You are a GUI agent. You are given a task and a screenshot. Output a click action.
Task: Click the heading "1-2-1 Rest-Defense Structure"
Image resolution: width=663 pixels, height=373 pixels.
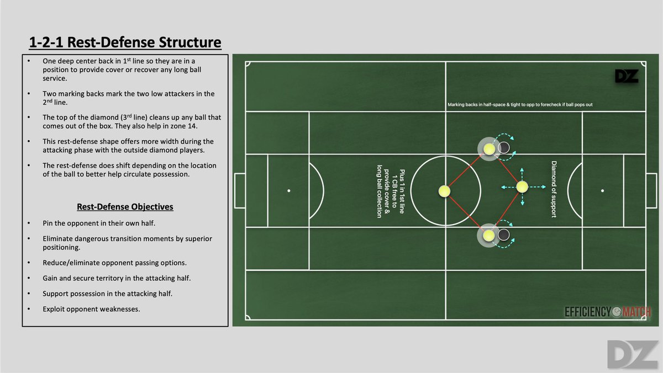125,42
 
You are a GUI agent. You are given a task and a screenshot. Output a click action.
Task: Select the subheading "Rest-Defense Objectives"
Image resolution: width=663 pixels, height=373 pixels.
124,207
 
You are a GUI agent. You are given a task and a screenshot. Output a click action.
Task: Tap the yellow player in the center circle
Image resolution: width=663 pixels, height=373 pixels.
445,191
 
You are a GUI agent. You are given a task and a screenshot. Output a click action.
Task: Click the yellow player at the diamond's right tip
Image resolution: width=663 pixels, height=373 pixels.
522,188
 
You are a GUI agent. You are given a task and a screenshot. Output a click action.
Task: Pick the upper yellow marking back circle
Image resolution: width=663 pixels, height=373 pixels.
489,148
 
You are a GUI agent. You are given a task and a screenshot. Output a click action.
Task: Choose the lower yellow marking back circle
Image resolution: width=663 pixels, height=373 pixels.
489,235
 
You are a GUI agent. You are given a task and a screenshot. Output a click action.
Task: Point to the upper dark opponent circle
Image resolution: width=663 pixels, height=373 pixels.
504,148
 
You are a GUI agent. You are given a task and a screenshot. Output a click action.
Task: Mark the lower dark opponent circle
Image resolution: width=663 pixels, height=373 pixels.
503,235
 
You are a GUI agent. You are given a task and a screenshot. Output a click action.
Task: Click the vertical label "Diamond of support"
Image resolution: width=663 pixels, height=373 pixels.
554,189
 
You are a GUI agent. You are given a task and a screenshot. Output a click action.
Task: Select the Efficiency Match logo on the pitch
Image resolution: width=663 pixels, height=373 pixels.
607,312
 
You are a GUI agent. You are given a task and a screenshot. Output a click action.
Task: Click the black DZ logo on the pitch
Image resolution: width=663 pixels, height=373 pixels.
627,76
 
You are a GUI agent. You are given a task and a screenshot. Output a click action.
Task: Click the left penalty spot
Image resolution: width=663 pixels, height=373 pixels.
289,191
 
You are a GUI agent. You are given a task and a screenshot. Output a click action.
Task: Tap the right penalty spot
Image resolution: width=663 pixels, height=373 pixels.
602,191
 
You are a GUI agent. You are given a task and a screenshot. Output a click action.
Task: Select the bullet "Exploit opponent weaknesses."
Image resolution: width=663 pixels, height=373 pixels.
91,308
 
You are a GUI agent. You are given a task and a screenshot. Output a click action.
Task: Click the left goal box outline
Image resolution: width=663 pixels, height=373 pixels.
240,191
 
